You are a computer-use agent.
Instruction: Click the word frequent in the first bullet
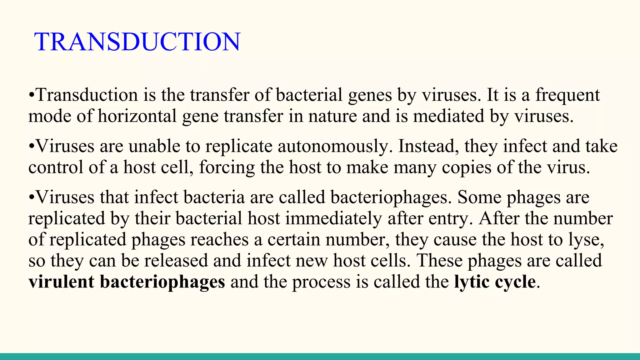[x=567, y=95]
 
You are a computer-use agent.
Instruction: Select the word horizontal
[x=137, y=116]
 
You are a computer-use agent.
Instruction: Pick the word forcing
[x=227, y=167]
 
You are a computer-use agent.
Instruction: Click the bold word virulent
[x=61, y=282]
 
